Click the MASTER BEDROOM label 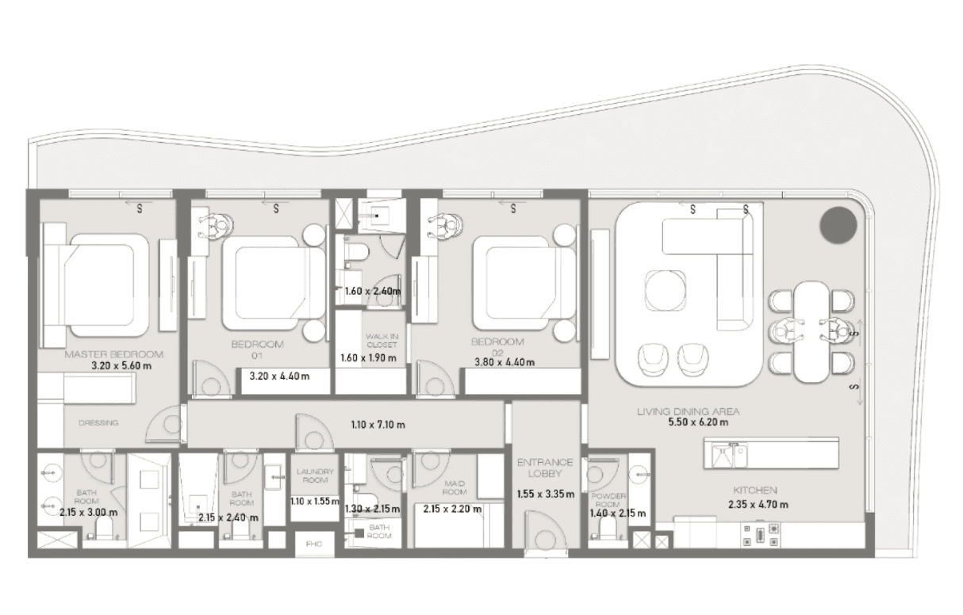click(114, 354)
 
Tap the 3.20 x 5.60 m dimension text click(121, 366)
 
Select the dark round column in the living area click(838, 225)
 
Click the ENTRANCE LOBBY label click(545, 468)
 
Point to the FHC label click(314, 544)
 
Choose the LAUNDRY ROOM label click(315, 476)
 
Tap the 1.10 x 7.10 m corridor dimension click(378, 425)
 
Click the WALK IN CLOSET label click(382, 340)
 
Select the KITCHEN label click(755, 490)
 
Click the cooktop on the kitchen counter click(760, 535)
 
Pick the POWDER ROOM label click(608, 500)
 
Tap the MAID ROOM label click(455, 488)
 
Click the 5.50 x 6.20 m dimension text click(698, 422)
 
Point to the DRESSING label click(98, 423)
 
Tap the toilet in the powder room click(607, 528)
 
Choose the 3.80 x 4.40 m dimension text click(505, 362)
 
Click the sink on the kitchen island click(730, 455)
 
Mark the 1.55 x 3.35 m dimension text click(546, 495)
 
